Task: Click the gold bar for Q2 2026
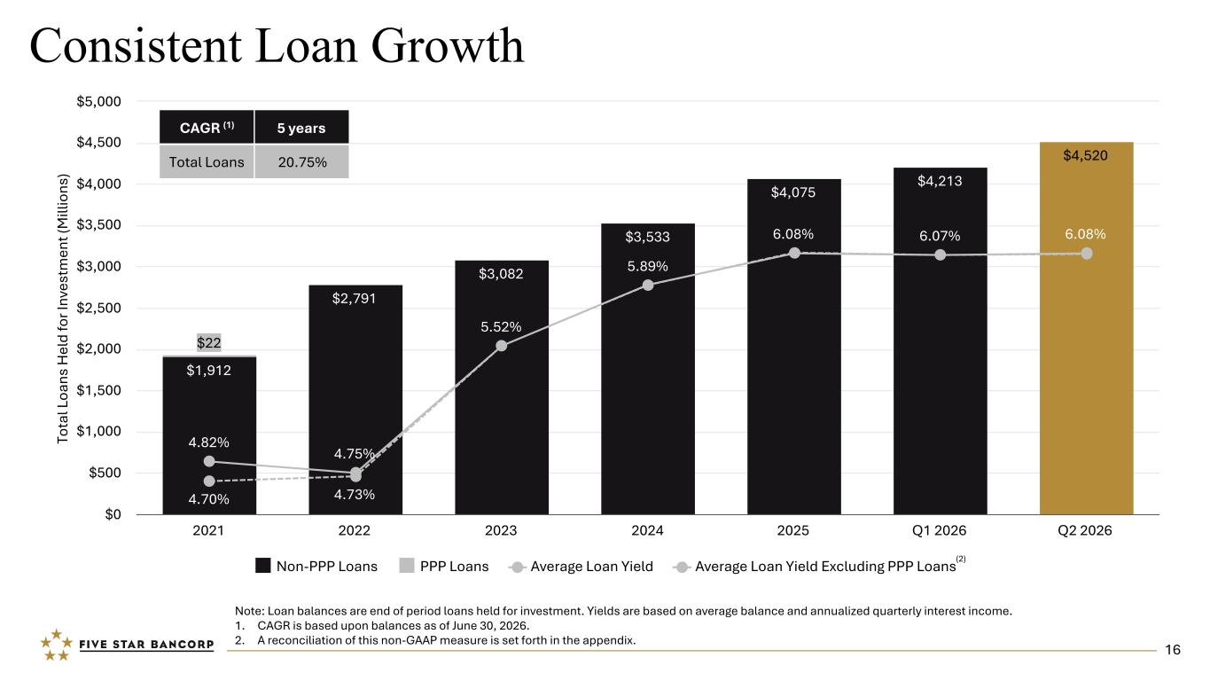1086,328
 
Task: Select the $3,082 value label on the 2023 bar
501,273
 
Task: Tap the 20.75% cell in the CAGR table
302,162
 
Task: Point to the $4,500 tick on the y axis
99,143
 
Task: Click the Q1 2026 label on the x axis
940,530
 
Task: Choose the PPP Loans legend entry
444,566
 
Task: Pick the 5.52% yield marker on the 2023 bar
502,345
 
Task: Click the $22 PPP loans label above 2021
208,342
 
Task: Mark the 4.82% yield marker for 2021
209,461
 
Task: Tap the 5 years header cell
301,128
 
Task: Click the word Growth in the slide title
448,45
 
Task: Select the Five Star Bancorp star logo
57,645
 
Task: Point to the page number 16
1173,650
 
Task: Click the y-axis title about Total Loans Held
63,309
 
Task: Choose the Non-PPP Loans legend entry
316,566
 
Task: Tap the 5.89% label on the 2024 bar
647,266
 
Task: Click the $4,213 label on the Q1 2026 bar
940,181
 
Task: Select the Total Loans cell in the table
207,162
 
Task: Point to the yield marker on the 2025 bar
794,253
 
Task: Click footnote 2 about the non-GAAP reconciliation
435,640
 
